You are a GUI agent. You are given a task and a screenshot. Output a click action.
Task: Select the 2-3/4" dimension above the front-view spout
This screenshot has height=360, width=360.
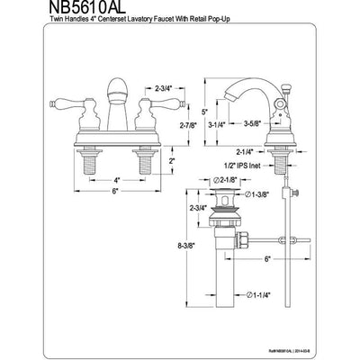tap(165, 88)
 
